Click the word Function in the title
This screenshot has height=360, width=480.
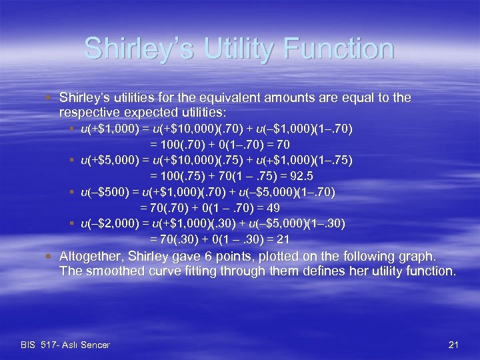[345, 49]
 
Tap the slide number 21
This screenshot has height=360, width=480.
[453, 345]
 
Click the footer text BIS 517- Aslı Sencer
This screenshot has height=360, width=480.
[65, 345]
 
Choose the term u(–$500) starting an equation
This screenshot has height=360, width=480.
[101, 192]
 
